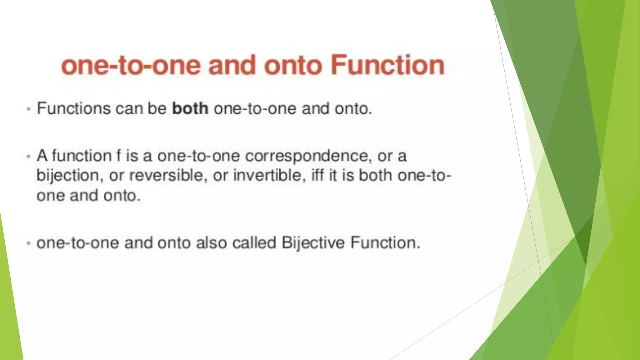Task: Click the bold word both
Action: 190,108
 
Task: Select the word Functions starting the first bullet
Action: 74,108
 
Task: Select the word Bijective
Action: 313,243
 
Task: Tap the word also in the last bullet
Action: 211,243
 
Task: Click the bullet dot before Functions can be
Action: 29,109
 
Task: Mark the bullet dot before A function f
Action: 29,156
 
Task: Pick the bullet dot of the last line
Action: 29,243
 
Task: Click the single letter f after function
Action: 118,156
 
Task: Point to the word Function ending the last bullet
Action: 385,243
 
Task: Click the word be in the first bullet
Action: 157,108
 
